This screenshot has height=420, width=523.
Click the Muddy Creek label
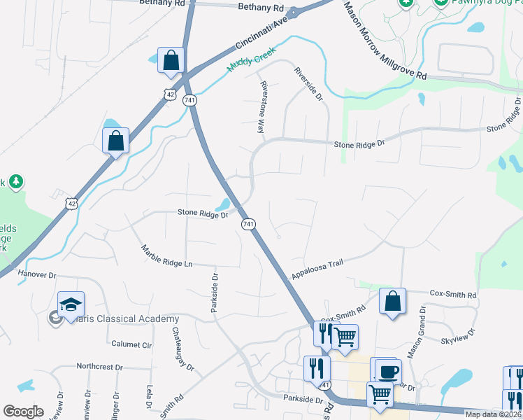point(251,60)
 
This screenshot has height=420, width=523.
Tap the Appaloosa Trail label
point(318,267)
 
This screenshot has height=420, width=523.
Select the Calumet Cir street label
point(131,344)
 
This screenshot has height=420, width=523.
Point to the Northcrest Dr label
point(99,366)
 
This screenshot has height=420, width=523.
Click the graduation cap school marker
point(71,305)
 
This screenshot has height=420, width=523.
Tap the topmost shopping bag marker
point(171,61)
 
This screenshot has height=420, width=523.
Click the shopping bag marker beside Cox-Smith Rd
point(393,302)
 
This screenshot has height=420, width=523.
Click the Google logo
point(23,412)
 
